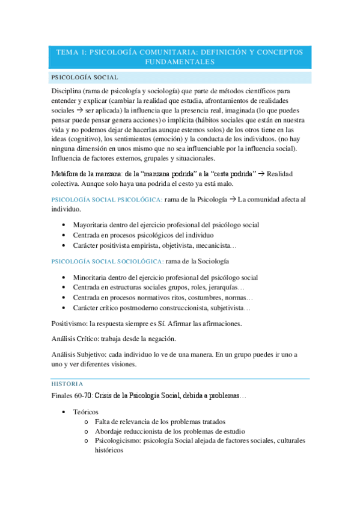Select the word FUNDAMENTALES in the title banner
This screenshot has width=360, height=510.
180,62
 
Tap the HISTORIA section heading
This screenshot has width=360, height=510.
67,383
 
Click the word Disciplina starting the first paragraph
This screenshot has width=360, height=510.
69,90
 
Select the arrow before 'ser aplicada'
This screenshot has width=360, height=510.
85,111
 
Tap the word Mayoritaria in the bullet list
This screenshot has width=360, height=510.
91,225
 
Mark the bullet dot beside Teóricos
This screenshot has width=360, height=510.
64,412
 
